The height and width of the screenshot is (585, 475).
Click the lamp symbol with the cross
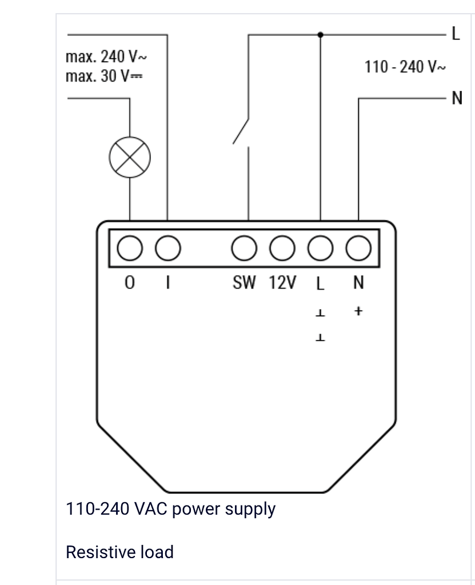(130, 158)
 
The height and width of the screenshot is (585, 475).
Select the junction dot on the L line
(320, 35)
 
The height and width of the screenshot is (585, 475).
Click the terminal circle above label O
(130, 249)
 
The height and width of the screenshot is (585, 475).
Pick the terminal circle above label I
(167, 249)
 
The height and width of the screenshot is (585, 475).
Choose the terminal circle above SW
(244, 249)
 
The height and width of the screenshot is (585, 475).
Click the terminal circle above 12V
(282, 249)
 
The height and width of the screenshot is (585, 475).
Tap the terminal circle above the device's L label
(320, 249)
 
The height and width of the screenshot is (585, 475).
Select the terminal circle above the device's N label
(358, 249)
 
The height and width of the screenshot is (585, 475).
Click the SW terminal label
(245, 282)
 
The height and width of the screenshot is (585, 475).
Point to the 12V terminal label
(282, 282)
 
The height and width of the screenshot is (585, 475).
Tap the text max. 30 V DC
(103, 76)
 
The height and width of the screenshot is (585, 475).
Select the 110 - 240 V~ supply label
(405, 67)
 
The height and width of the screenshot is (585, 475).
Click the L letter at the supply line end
(456, 34)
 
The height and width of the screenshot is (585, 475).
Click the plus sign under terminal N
(358, 312)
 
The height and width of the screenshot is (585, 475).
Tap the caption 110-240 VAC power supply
(170, 508)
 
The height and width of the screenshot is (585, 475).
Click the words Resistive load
(119, 552)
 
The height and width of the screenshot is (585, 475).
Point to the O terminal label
(130, 283)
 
